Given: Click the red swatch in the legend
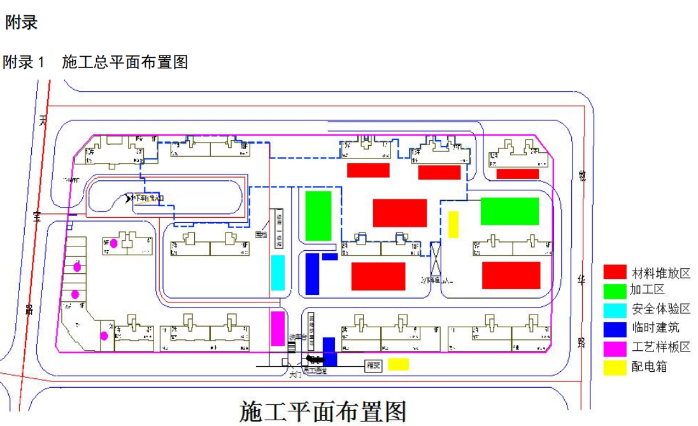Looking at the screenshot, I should point(615,273).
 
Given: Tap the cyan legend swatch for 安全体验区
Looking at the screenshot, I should point(615,309).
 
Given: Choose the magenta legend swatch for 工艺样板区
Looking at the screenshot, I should point(615,347).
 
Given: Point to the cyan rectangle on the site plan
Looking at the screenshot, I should point(278,273).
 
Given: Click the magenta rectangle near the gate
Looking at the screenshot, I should point(278,329).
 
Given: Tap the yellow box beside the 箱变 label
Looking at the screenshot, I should point(399,364).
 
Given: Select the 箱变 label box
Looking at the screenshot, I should point(373,366).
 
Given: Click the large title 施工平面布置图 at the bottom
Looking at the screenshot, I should point(323,412).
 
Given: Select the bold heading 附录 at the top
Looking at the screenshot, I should point(22,22).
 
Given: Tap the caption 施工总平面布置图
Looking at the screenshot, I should point(125,62).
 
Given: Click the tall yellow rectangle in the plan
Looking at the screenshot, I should point(453,224).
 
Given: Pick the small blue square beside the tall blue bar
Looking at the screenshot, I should point(330,257).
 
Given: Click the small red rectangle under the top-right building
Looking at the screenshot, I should point(518,174).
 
